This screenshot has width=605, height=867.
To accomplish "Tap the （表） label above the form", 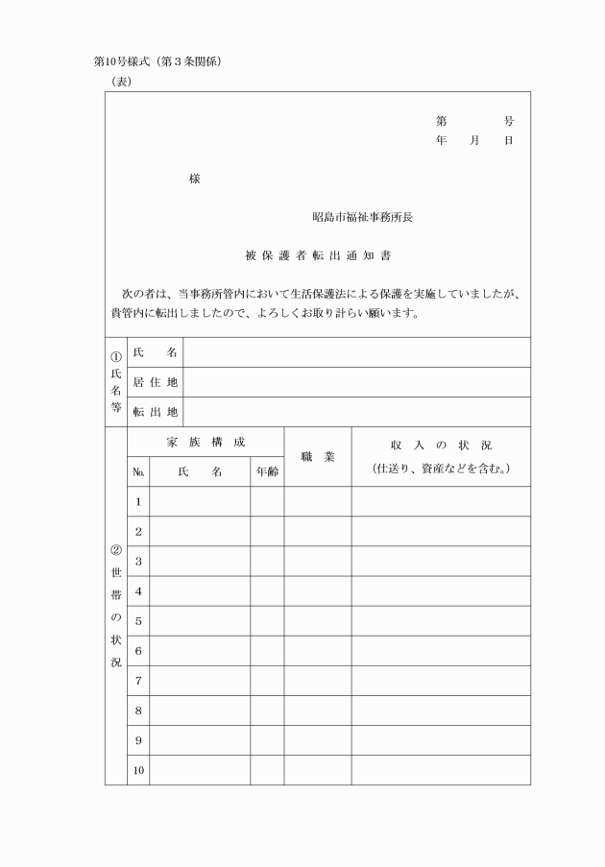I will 122,82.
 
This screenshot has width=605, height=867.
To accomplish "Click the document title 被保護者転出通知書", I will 318,256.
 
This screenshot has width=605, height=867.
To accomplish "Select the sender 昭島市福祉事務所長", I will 362,217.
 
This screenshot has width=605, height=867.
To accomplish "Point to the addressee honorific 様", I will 195,180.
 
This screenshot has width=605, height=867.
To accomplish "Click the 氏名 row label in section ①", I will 155,352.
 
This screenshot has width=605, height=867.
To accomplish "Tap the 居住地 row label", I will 155,382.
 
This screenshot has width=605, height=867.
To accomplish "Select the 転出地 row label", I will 155,412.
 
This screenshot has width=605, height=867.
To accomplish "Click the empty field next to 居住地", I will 356,382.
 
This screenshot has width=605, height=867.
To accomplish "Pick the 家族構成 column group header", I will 206,442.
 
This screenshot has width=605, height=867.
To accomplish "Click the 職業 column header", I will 317,457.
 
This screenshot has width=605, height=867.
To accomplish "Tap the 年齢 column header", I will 267,472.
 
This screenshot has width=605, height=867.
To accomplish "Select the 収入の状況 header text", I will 441,446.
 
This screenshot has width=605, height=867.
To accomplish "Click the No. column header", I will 138,472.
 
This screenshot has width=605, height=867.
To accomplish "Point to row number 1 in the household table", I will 138,501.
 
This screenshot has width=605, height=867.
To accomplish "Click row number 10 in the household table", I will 138,770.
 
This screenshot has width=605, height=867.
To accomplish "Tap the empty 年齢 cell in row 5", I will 267,620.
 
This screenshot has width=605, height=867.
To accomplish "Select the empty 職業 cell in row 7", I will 317,681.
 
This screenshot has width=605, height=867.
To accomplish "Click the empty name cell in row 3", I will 200,561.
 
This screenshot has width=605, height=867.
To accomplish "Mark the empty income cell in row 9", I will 441,740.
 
